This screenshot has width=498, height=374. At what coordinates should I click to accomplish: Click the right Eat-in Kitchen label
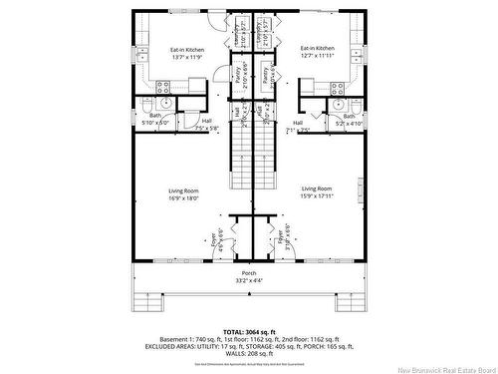pos(317,47)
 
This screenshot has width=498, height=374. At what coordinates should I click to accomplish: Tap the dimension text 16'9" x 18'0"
pos(184,197)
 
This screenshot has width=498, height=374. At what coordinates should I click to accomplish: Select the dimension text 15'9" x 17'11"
pos(317,195)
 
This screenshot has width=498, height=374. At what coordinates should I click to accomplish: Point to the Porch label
pos(249,272)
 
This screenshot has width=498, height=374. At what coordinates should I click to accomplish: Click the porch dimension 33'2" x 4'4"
pos(249,280)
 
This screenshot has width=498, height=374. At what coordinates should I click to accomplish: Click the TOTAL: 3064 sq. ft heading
pos(249,330)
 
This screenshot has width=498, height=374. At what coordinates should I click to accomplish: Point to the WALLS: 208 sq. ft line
pos(249,354)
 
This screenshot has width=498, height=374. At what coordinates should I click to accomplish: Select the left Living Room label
pos(184,189)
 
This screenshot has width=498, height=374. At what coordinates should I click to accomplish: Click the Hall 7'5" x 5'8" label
pos(206,124)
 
